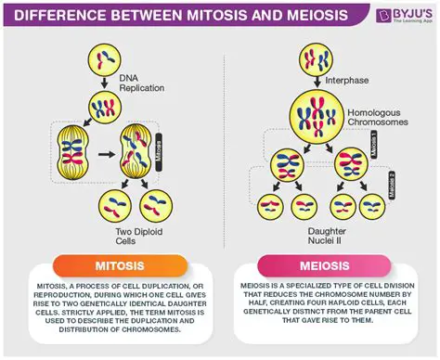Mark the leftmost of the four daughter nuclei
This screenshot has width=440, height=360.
coord(270,207)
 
